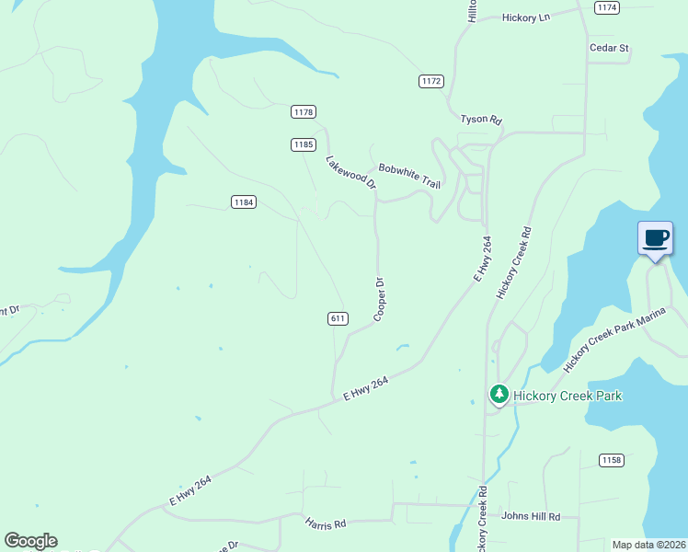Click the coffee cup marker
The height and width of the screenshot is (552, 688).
[x=655, y=239]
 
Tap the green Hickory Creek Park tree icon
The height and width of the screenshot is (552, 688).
[x=499, y=395]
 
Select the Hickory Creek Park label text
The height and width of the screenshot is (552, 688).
[x=568, y=397]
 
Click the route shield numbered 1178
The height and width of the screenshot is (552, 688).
[x=304, y=112]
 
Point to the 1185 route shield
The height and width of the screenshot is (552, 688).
[x=304, y=144]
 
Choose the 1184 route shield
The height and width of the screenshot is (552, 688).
[x=243, y=202]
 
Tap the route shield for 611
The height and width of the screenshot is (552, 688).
[x=337, y=318]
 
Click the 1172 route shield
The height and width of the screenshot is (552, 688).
[x=431, y=81]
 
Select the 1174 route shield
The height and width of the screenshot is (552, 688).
[x=606, y=7]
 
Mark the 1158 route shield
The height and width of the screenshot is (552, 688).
[x=611, y=460]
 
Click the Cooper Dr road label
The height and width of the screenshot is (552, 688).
[x=379, y=300]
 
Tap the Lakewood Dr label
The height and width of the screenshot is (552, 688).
[x=351, y=172]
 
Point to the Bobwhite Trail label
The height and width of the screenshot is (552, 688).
[x=410, y=175]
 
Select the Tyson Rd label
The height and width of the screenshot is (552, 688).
[x=481, y=120]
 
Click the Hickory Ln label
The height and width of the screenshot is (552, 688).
[x=525, y=17]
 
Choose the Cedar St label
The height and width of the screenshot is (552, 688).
[x=609, y=48]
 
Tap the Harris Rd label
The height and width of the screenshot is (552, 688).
[x=326, y=523]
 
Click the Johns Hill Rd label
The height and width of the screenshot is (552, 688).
[x=531, y=517]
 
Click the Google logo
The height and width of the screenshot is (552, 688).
[x=30, y=541]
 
